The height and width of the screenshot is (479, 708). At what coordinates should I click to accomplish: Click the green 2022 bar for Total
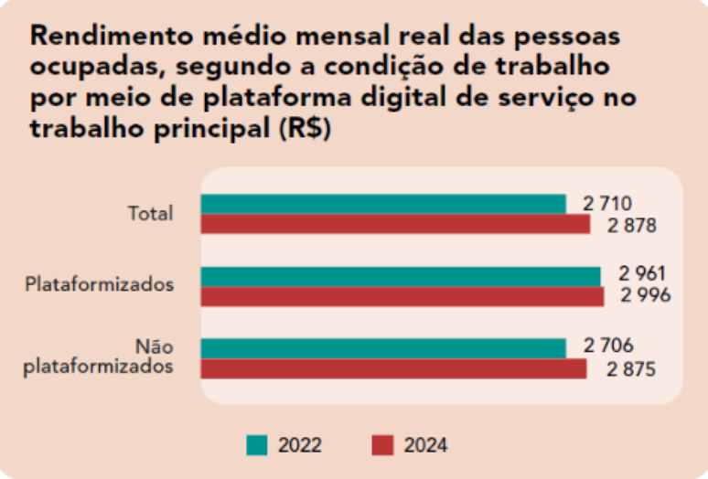tap(383, 204)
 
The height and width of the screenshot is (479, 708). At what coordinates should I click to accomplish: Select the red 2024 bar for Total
tap(395, 224)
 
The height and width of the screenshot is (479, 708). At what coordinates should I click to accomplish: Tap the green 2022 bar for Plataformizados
tap(401, 276)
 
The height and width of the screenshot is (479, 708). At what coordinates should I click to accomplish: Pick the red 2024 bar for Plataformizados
tap(402, 296)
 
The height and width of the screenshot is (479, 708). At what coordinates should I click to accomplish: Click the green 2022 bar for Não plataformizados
tap(383, 348)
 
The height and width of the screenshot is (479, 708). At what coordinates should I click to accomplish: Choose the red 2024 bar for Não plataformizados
tap(393, 368)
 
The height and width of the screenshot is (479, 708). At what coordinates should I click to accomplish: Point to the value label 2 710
tap(608, 203)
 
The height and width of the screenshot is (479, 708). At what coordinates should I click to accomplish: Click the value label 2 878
tap(632, 225)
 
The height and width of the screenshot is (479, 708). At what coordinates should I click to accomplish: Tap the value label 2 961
tap(642, 273)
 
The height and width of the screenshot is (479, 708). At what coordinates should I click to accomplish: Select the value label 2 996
tap(646, 295)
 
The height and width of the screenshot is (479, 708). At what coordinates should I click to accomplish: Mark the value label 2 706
tap(608, 346)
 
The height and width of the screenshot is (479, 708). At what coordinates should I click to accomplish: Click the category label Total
tap(150, 214)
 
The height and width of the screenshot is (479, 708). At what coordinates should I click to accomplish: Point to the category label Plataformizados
tap(100, 283)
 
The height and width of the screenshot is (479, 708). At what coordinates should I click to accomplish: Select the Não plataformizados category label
tap(100, 357)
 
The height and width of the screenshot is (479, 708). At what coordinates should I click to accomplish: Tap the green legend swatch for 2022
tap(257, 445)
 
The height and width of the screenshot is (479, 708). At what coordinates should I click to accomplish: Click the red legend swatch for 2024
tap(382, 445)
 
